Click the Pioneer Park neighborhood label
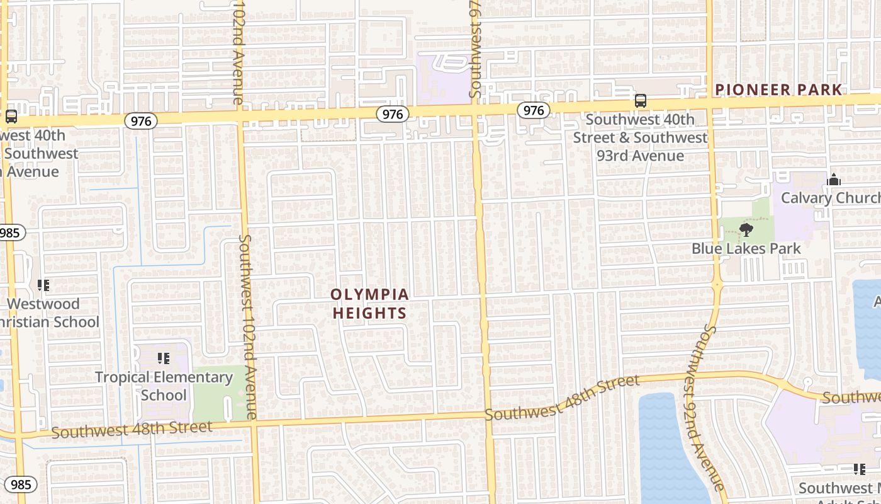(x=778, y=89)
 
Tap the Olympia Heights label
(x=369, y=304)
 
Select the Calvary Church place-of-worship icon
(x=834, y=180)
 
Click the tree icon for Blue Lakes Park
(x=746, y=230)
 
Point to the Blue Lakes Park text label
(x=746, y=249)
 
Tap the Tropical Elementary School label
(x=164, y=386)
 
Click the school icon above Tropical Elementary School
(x=164, y=359)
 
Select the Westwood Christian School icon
(x=43, y=285)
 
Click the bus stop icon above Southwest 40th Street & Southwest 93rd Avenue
(x=640, y=101)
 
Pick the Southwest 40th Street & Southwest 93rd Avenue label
(x=640, y=137)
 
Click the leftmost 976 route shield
(x=140, y=121)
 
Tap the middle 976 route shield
(x=393, y=114)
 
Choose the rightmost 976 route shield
(x=534, y=111)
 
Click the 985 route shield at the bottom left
(x=21, y=484)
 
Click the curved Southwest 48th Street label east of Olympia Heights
(x=562, y=398)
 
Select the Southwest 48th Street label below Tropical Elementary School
(x=132, y=430)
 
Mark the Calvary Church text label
(x=830, y=198)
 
